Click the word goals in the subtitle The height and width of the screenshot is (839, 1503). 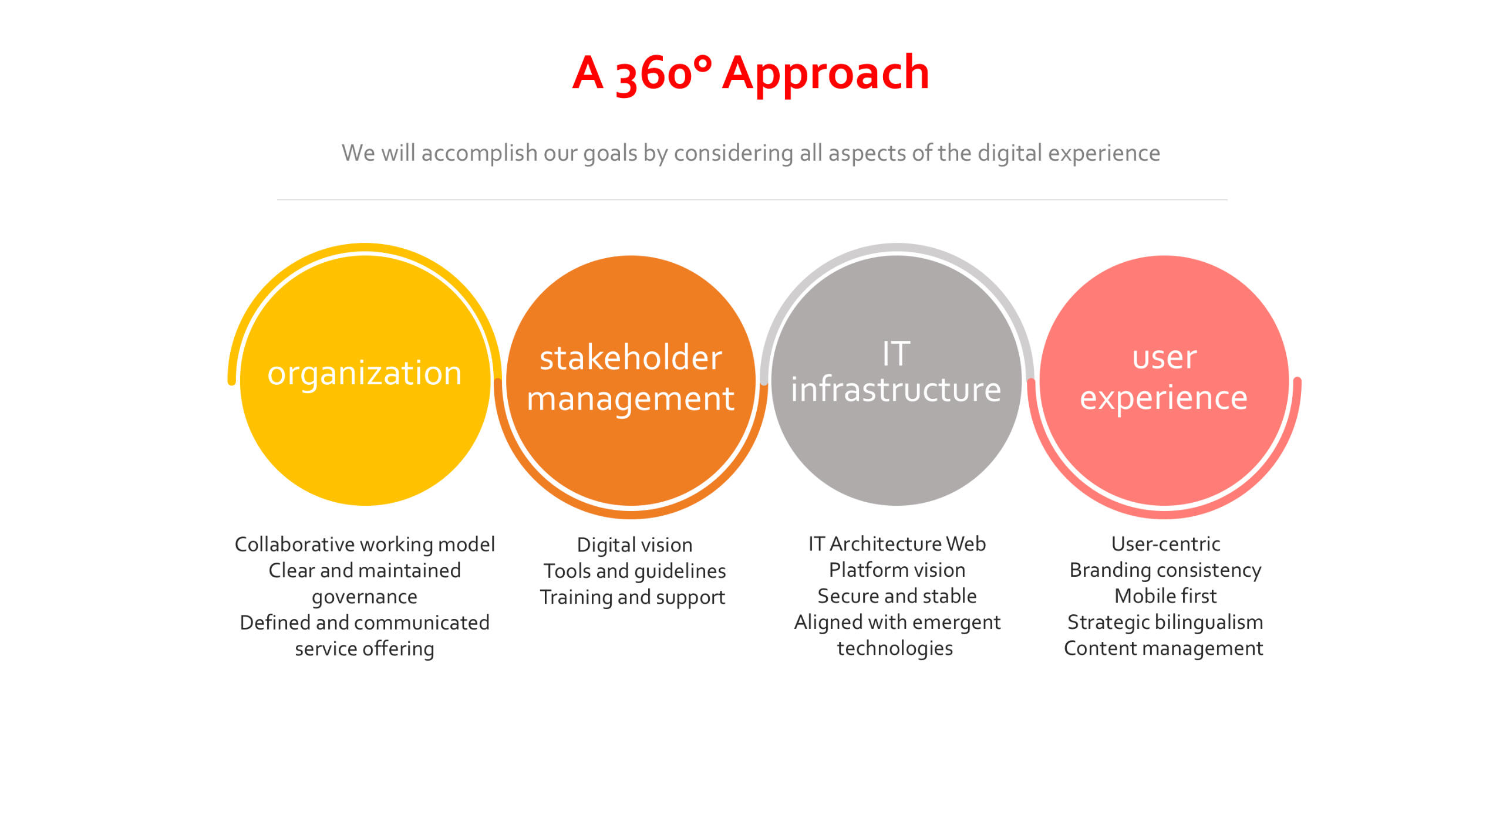point(610,154)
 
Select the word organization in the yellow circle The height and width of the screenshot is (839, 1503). point(365,374)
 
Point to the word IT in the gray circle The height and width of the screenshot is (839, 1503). point(896,353)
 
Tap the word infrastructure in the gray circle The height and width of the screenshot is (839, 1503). point(896,389)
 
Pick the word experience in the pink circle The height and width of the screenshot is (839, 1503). point(1164,399)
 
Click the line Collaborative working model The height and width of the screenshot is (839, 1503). point(365,544)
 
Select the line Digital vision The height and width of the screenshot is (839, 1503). point(635,545)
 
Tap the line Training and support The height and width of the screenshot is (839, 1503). point(632,597)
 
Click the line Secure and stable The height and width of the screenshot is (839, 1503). point(897,596)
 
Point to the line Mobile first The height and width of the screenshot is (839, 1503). point(1165,596)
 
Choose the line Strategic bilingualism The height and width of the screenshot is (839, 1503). point(1165,623)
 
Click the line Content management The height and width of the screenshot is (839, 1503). point(1163,648)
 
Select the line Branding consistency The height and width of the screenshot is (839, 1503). point(1165,570)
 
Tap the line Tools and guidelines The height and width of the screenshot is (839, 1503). point(635,571)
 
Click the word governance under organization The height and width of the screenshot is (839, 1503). point(365,597)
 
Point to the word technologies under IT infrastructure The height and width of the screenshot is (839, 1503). point(895,648)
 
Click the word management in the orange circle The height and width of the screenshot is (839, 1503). point(631,399)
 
